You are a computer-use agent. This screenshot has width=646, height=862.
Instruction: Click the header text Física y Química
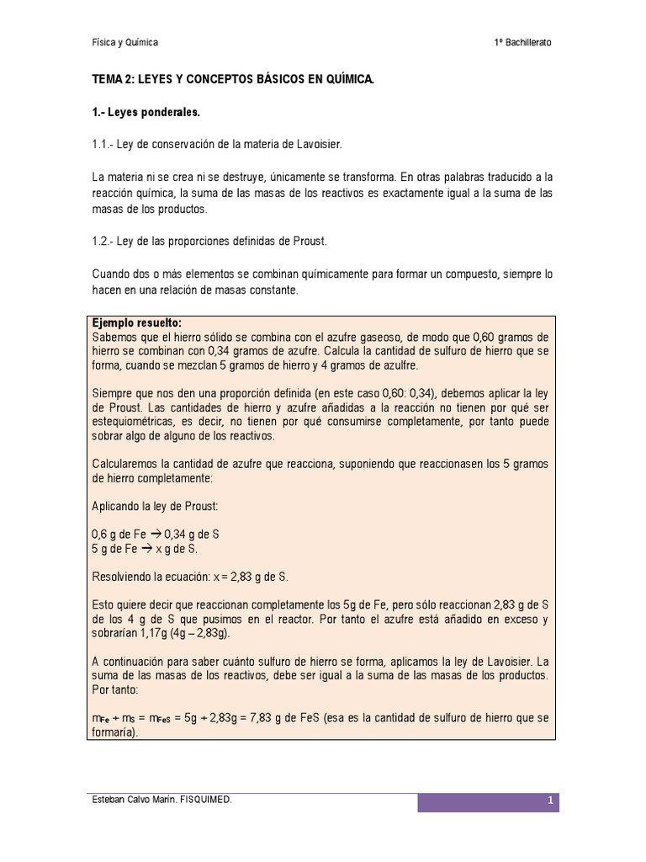(124, 42)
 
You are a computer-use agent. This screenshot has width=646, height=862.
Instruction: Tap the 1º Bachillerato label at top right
(523, 42)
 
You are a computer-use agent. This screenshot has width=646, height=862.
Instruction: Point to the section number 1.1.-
(104, 145)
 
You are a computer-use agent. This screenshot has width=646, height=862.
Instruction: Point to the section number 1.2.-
(104, 242)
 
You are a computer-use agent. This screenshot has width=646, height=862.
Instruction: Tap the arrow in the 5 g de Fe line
(146, 548)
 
